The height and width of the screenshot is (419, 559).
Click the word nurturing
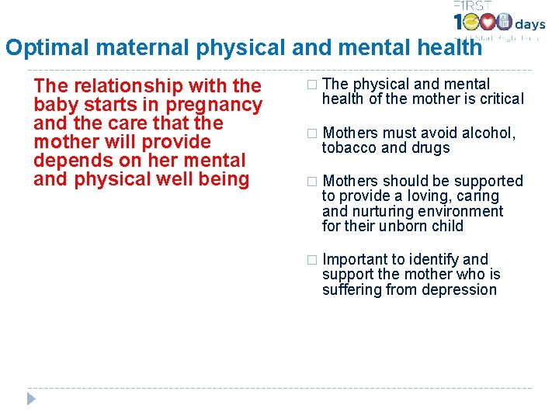[x=384, y=211]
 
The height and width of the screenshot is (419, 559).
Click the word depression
[x=458, y=290]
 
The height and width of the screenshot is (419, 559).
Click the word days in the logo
[x=530, y=24]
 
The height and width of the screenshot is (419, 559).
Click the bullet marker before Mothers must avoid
[x=312, y=133]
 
